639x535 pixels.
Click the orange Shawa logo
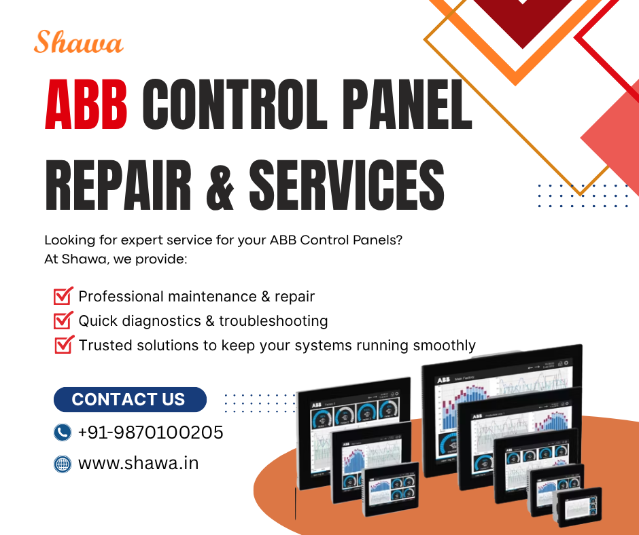78,43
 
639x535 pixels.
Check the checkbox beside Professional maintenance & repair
63,296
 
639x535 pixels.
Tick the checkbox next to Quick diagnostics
63,320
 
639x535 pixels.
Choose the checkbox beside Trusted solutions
63,345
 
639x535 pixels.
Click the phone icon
63,432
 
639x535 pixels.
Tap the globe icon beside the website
63,464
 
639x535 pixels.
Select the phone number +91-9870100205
151,432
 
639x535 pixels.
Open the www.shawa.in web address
139,464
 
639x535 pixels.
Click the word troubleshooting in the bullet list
273,320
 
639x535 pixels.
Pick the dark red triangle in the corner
522,20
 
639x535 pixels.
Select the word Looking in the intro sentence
67,240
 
